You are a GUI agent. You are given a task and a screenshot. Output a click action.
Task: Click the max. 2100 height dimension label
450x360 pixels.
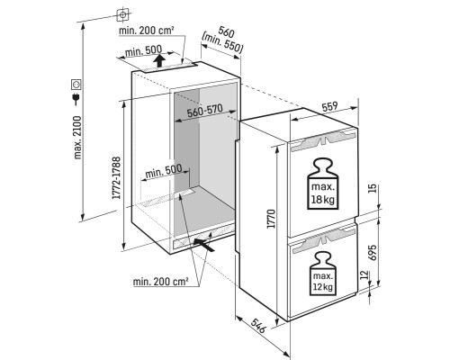[x=77, y=138]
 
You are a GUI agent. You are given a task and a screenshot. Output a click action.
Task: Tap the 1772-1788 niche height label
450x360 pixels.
[x=116, y=177]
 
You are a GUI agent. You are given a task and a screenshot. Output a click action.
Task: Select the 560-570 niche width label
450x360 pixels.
[x=204, y=111]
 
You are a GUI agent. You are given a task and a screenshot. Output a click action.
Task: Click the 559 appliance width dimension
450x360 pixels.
[x=329, y=107]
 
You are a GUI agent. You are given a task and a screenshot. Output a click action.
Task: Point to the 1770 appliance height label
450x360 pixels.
[x=271, y=219]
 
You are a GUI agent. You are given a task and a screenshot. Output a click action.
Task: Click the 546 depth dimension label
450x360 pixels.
[x=258, y=326]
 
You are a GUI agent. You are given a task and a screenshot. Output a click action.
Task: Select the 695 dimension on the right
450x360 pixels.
[x=372, y=253]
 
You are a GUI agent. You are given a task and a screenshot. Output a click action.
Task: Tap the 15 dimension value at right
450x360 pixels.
[x=372, y=188]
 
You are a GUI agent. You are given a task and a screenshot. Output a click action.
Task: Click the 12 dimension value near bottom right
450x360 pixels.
[x=364, y=274]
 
